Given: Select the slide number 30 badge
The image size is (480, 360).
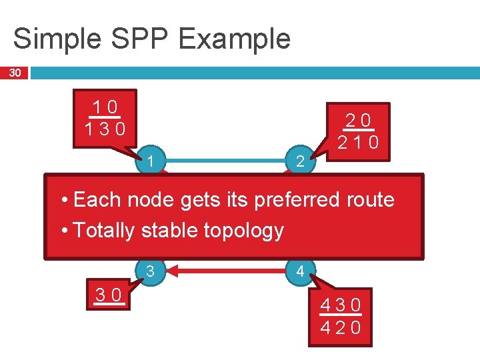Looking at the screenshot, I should pos(14,72).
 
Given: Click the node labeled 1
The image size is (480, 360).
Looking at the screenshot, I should pos(152,161).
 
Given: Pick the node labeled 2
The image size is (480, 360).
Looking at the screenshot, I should pos(299,161).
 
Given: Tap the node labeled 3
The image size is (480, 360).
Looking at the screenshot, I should pos(151,271).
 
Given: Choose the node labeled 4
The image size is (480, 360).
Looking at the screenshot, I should pos(299,271).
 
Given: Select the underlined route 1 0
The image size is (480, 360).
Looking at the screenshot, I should pos(105,107).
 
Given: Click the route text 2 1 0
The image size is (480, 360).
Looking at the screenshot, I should pos(358,142).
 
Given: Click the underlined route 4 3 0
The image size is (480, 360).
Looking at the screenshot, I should pos(341,306).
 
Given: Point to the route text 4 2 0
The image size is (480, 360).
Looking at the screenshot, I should pos(341,327).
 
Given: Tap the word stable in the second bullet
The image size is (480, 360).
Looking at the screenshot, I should pos(162,231).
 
